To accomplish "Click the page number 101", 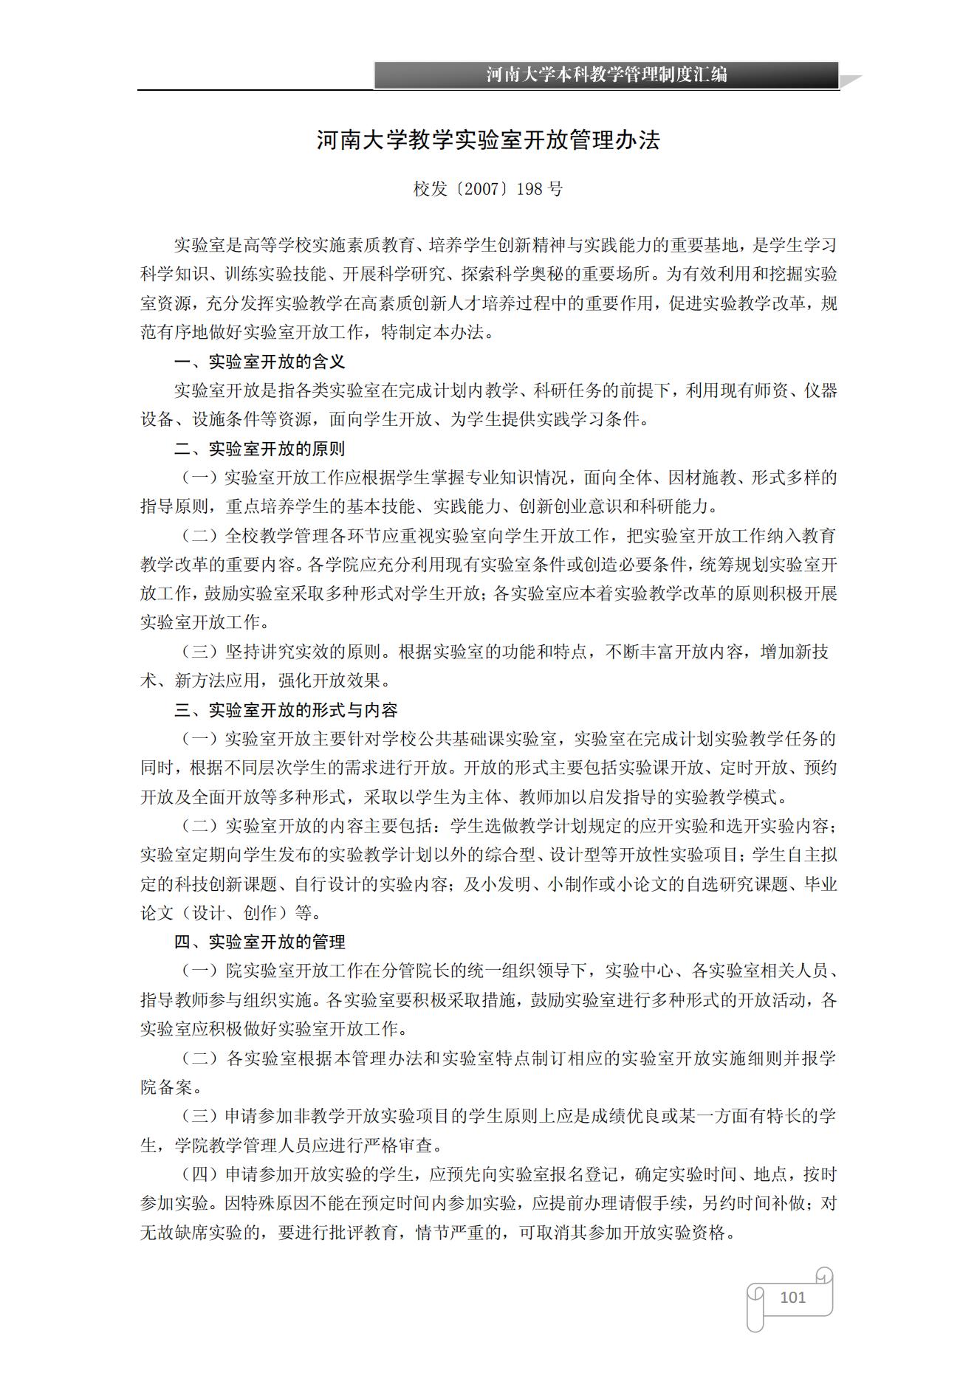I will [x=792, y=1297].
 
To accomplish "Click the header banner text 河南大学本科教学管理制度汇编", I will [x=606, y=75].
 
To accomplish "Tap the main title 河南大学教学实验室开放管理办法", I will [x=488, y=140].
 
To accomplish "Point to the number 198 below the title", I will [x=529, y=189].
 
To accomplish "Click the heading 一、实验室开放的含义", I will [x=259, y=362].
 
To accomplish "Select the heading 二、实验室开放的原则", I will [x=259, y=449].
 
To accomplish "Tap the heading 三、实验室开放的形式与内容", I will [x=286, y=710].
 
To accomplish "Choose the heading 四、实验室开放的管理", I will [x=259, y=942].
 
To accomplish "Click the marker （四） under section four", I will [x=200, y=1174].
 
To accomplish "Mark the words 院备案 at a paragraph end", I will [x=167, y=1087].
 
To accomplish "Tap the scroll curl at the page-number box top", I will [x=823, y=1275].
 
